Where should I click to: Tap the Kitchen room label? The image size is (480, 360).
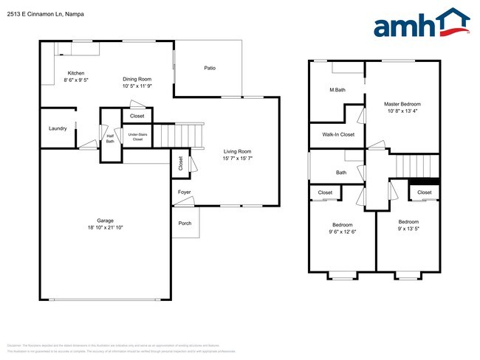[x=76, y=73]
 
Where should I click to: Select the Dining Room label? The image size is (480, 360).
[x=137, y=79]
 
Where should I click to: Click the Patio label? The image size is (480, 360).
[x=210, y=68]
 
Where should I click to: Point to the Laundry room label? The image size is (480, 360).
[x=58, y=128]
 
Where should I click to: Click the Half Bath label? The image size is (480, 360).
[x=110, y=138]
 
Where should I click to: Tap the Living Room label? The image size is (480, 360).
[x=237, y=151]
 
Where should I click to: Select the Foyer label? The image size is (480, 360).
[x=185, y=193]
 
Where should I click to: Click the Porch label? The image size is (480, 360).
[x=185, y=224]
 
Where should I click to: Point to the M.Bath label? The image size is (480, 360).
[x=337, y=90]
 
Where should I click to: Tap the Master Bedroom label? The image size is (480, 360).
[x=401, y=104]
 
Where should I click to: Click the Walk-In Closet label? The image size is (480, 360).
[x=338, y=134]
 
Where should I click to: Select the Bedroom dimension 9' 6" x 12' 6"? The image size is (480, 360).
[x=342, y=232]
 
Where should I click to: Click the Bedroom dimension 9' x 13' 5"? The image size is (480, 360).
[x=408, y=229]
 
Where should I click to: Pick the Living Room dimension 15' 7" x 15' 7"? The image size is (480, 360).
[x=237, y=159]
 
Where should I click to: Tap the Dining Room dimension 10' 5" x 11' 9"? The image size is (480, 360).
[x=137, y=86]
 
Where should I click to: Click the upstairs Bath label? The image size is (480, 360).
[x=341, y=173]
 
